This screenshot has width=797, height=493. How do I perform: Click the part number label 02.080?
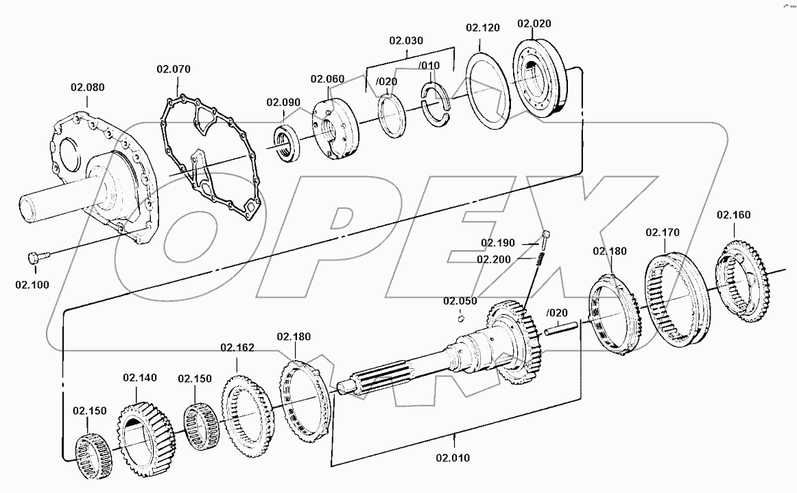tap(87, 87)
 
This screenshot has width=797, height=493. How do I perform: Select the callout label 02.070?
tap(174, 69)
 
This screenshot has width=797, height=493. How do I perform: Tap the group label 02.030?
tap(407, 40)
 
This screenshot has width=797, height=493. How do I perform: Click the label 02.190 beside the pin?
tap(497, 243)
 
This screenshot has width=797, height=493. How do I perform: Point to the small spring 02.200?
tap(540, 257)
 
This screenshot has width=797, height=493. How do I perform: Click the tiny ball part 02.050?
tap(461, 317)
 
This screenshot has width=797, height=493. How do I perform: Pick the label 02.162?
tap(237, 347)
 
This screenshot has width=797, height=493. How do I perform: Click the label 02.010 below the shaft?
tap(453, 457)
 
